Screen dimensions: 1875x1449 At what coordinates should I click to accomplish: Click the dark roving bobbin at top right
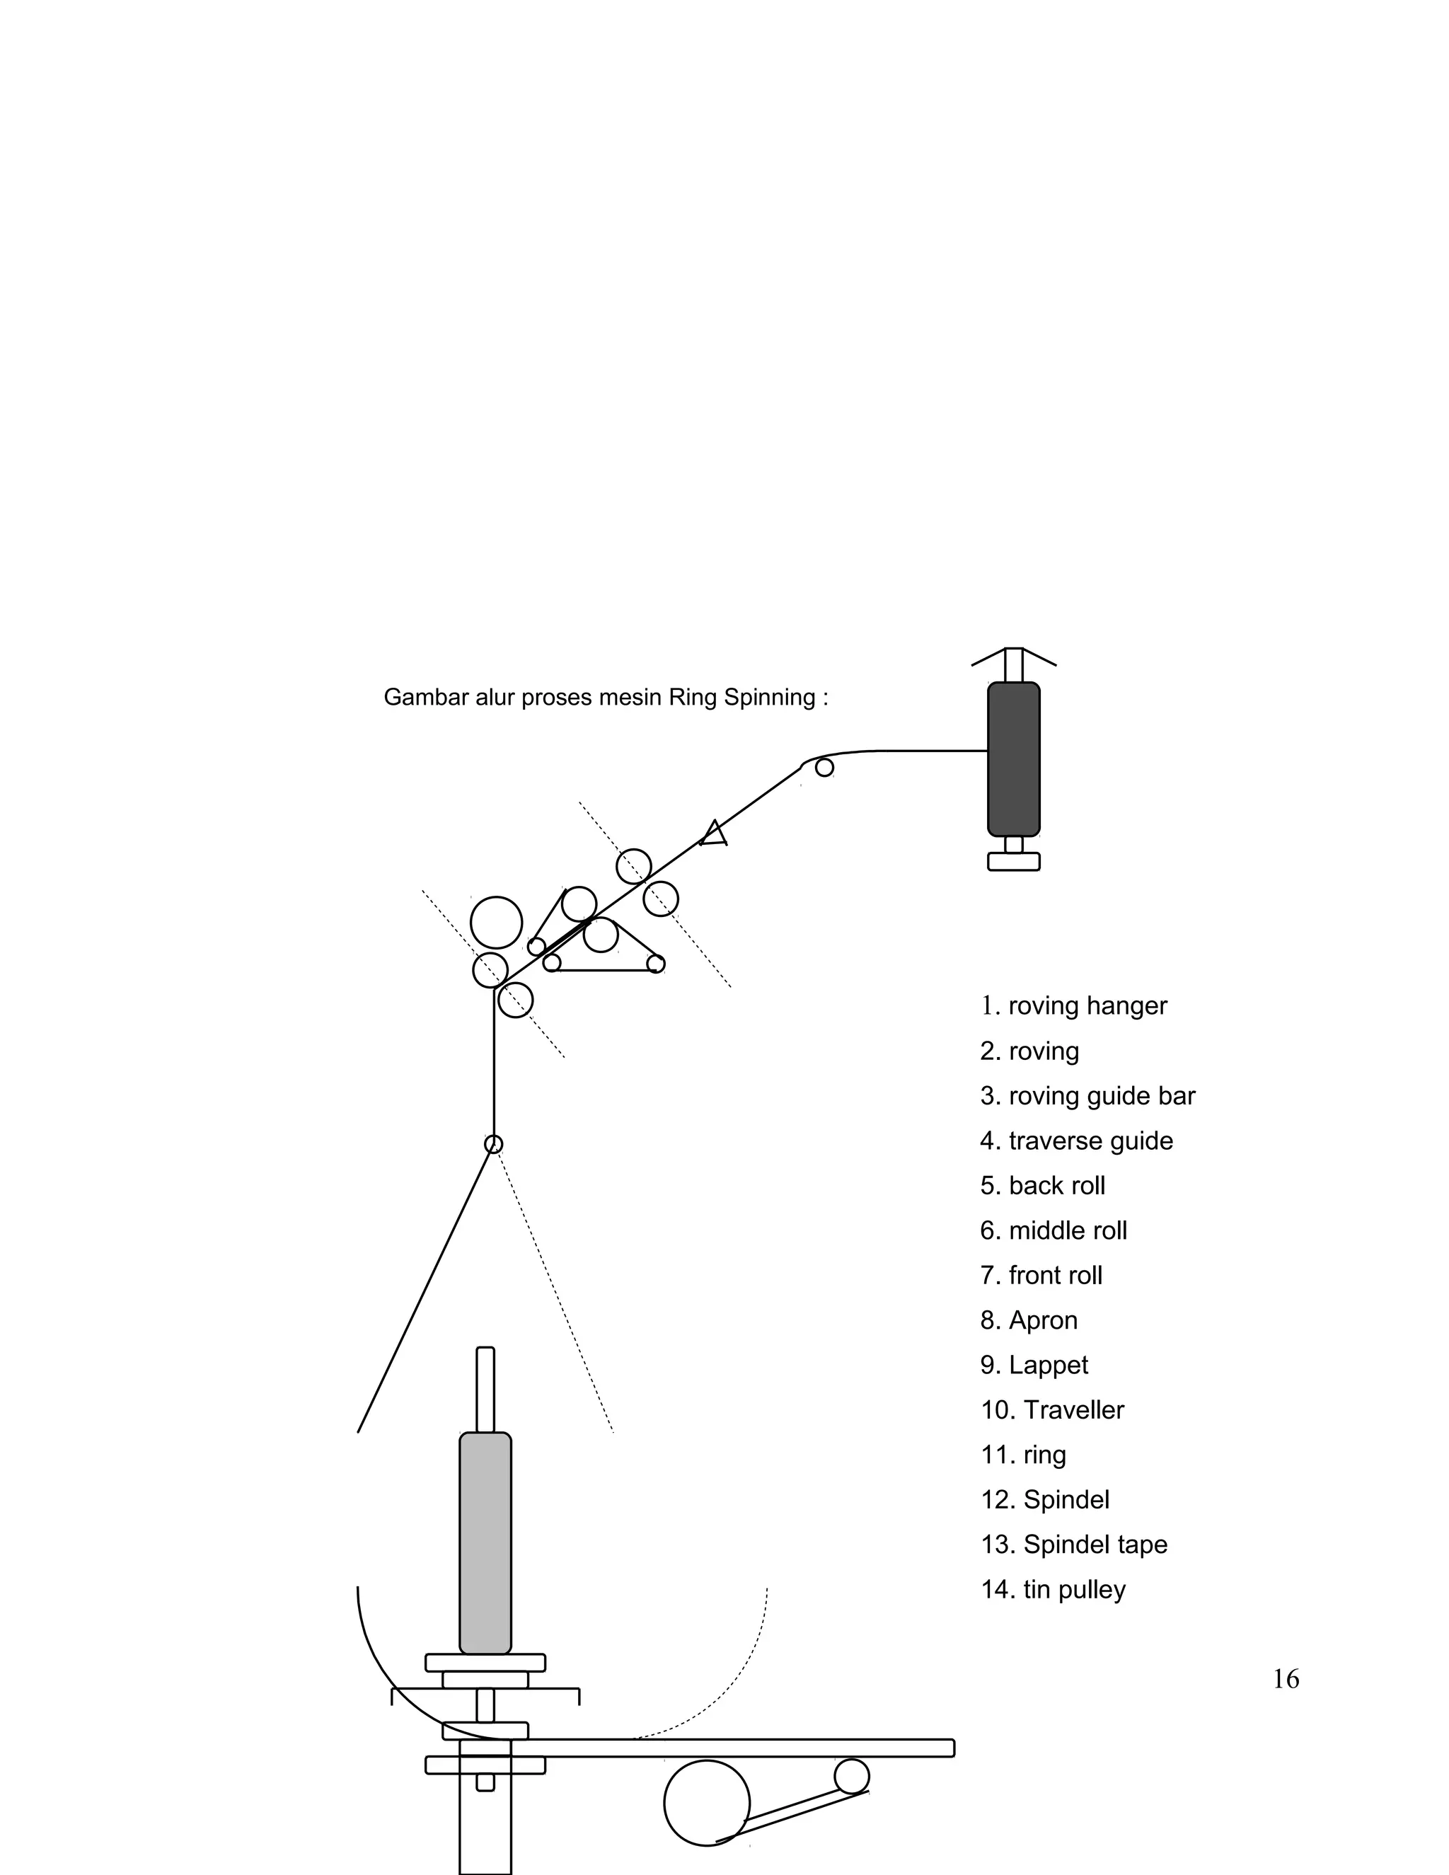pyautogui.click(x=1013, y=759)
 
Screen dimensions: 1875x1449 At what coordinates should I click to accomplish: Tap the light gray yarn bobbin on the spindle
pyautogui.click(x=485, y=1542)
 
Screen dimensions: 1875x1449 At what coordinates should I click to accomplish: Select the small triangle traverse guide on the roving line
pyautogui.click(x=714, y=833)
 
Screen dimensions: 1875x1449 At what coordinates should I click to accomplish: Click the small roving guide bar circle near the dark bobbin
pyautogui.click(x=824, y=768)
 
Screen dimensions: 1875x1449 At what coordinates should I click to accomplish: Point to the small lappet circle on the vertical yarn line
pyautogui.click(x=494, y=1143)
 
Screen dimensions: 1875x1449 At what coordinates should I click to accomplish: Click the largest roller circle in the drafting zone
pyautogui.click(x=496, y=922)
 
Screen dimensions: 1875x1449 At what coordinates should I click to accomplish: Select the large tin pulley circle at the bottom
pyautogui.click(x=707, y=1803)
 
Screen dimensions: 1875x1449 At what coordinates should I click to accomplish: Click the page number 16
pyautogui.click(x=1285, y=1679)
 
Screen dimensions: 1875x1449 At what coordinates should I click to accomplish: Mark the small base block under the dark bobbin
pyautogui.click(x=1013, y=861)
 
